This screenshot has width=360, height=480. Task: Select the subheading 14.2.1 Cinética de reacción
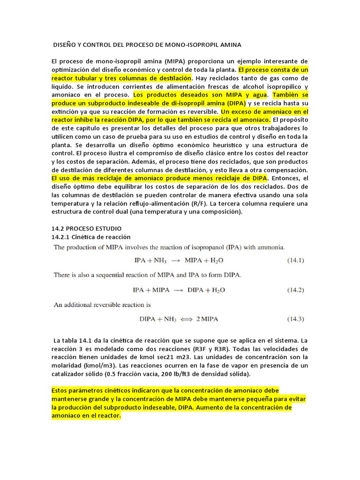90,237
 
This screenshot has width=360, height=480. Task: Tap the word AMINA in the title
230,45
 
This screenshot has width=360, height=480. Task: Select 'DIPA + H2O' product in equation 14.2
206,290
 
